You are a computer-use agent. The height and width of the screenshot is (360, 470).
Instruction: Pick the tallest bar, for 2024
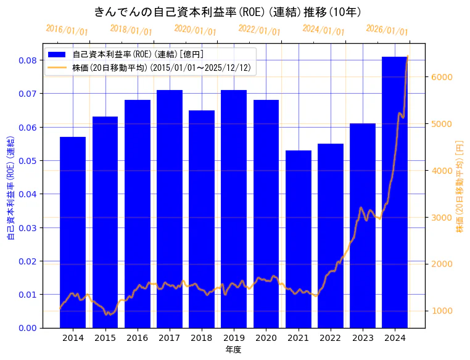(395, 192)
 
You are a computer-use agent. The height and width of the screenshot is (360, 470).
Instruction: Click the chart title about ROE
(228, 12)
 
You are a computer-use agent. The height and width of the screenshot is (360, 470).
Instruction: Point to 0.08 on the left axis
(27, 60)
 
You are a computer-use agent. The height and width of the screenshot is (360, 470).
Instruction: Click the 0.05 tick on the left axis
(27, 161)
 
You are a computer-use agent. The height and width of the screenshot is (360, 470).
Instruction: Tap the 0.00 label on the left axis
(27, 328)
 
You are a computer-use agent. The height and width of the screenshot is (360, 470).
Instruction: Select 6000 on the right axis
(442, 77)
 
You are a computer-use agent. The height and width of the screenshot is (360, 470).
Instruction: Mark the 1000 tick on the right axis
(442, 311)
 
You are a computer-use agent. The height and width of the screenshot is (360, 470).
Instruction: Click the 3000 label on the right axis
(442, 218)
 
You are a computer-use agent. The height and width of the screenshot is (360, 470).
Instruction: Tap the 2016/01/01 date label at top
(67, 30)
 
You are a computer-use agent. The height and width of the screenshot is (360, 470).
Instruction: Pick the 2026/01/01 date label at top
(387, 30)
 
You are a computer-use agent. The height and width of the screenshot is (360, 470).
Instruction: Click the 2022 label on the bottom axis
(331, 338)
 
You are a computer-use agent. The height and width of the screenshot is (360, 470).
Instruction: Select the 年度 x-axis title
(234, 350)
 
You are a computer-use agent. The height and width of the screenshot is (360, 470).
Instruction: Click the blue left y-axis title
(10, 185)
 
